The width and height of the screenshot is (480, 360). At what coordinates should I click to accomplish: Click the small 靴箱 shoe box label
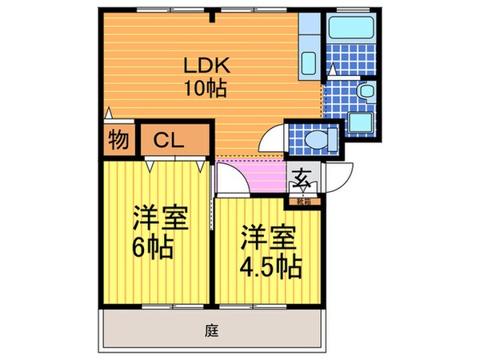(x=305, y=200)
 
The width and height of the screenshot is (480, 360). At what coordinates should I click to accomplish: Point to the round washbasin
(x=366, y=93)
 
